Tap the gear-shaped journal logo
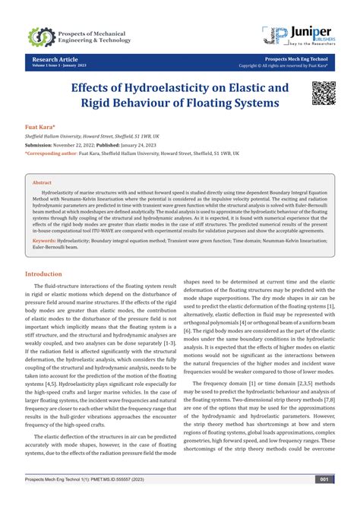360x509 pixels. [41, 36]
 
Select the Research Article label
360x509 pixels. [54, 58]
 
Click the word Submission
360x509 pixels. [42, 144]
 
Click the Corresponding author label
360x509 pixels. [52, 152]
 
